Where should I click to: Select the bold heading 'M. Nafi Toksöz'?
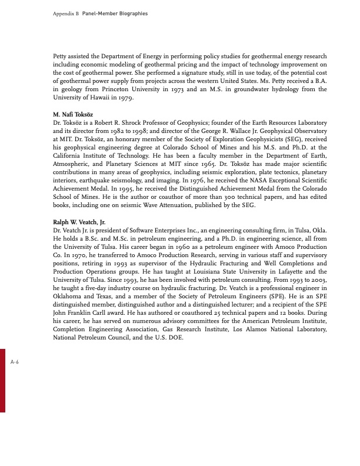[74, 112]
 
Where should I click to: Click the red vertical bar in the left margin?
[3, 380]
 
